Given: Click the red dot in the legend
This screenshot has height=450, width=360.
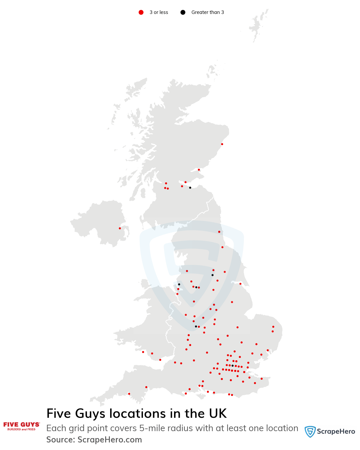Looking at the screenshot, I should point(141,12).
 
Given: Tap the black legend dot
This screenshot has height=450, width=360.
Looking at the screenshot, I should point(183,12).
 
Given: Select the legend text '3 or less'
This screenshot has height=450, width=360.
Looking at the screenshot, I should point(159,12).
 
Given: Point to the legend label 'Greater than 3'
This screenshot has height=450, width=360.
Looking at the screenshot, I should point(207,12).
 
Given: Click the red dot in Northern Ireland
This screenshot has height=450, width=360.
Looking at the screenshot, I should point(120,228).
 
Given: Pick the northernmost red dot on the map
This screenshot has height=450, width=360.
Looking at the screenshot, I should point(222,144).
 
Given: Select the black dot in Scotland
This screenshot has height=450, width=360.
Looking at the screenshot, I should point(190,188).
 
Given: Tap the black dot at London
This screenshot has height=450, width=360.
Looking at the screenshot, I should point(232,366).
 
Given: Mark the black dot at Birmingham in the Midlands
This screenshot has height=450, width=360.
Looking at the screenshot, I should point(196,326).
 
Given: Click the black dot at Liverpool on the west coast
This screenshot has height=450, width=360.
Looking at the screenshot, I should point(179,284).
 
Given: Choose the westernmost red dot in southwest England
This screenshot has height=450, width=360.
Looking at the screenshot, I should point(129,394).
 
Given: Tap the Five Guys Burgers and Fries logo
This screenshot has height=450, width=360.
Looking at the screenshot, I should point(22,426).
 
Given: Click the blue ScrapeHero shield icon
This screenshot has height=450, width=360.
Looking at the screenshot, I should point(310,431).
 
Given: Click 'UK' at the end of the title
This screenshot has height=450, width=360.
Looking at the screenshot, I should point(218,414).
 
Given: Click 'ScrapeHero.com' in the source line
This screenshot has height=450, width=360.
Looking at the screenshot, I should point(110,440).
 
